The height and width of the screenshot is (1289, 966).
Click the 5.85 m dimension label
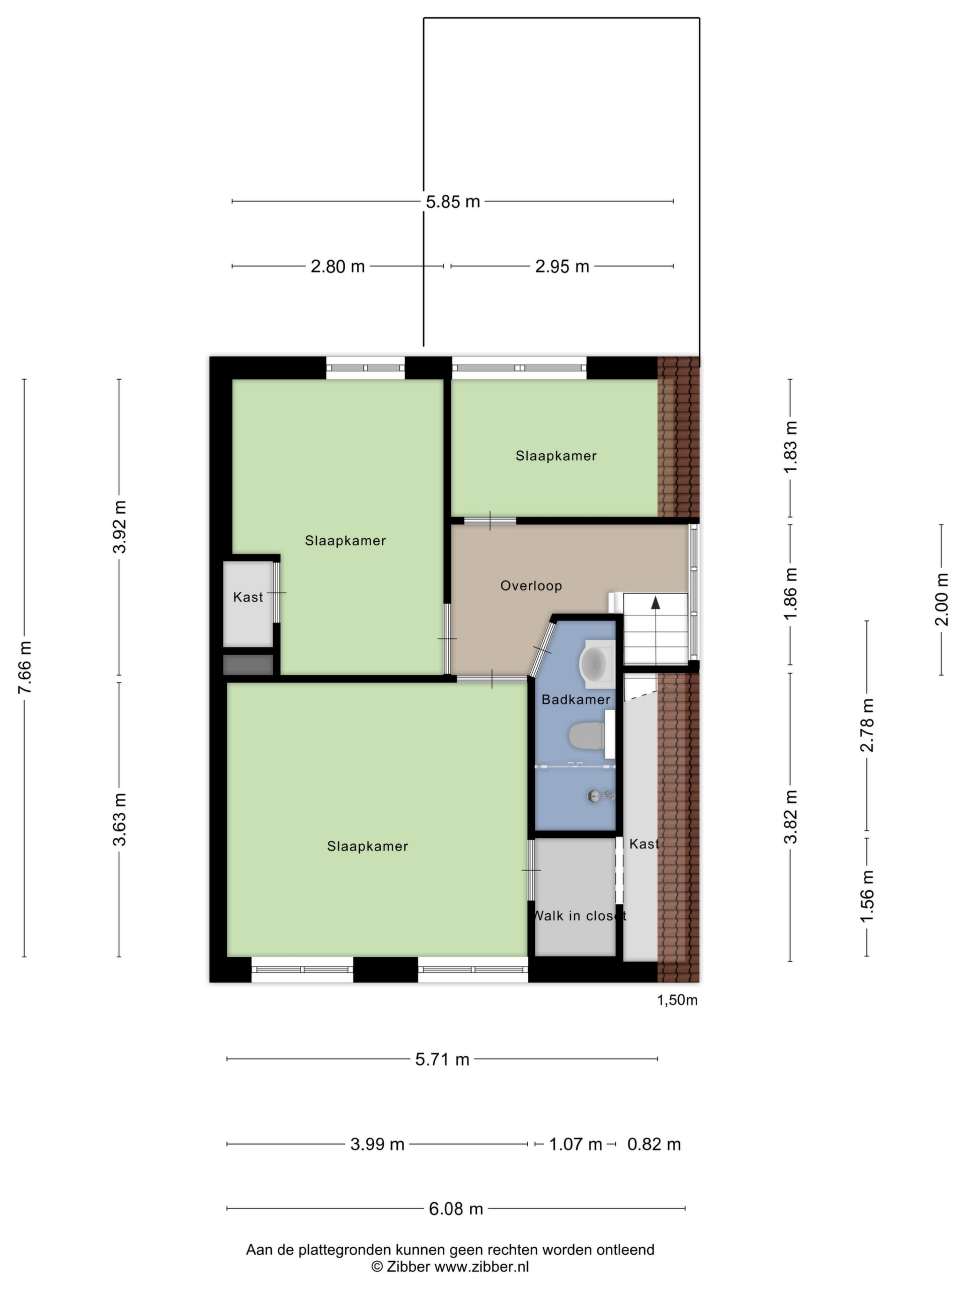(x=452, y=201)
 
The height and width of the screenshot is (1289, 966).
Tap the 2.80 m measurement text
(x=337, y=266)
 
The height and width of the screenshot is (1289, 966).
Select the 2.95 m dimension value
(x=562, y=266)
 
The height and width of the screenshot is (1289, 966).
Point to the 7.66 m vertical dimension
(x=25, y=667)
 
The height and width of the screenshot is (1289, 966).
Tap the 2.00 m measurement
(x=941, y=599)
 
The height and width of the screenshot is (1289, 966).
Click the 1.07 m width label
(x=575, y=1144)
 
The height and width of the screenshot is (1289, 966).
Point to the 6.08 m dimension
(x=456, y=1208)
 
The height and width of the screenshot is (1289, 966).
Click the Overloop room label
(x=531, y=586)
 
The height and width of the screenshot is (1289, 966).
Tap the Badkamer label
(x=576, y=699)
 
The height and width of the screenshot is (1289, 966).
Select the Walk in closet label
(x=580, y=915)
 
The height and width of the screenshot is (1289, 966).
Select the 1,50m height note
(x=677, y=1000)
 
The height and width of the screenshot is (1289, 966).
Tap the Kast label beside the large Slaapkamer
(x=248, y=597)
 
